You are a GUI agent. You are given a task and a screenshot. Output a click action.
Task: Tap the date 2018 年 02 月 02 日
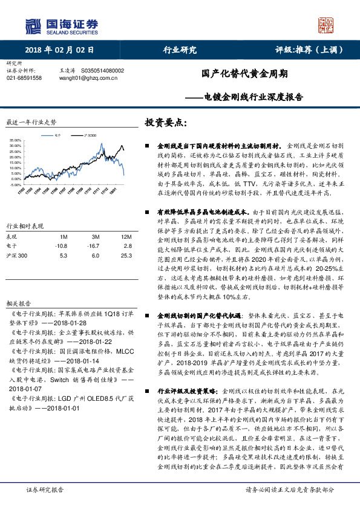tap(61, 50)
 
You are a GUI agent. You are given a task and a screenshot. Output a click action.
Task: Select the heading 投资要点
tap(163, 122)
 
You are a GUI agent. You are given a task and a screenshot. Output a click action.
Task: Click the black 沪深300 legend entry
tap(88, 136)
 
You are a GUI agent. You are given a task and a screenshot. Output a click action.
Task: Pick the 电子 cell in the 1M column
tap(61, 246)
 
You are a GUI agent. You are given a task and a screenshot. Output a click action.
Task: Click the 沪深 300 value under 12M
tap(126, 255)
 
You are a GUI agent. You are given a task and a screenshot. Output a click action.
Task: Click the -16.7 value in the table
tap(93, 246)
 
